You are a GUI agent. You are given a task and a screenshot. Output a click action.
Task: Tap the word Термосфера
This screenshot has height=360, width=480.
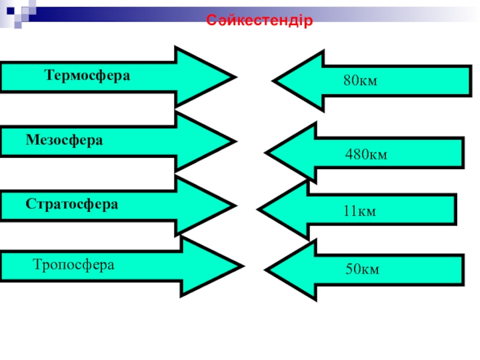(x=88, y=76)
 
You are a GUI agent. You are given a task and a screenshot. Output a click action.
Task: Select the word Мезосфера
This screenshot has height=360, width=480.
(x=64, y=140)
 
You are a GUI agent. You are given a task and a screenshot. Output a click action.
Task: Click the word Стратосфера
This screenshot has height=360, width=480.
(x=72, y=203)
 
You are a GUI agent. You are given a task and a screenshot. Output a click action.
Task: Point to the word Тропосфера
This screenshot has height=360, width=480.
(x=74, y=265)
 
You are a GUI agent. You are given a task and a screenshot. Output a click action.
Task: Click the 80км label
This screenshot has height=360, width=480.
(x=360, y=80)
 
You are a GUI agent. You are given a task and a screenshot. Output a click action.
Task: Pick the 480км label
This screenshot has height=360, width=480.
(x=366, y=155)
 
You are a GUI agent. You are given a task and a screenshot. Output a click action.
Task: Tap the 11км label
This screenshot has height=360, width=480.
(x=359, y=211)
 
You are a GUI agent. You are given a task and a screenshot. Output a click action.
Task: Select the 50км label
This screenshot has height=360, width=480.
(x=362, y=269)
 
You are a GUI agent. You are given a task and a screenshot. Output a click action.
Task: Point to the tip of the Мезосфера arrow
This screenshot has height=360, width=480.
(x=233, y=142)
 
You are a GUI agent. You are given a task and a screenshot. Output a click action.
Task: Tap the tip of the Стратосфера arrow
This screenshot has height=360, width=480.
(x=233, y=206)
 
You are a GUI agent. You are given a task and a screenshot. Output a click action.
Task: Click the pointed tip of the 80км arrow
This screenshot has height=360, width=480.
(x=274, y=81)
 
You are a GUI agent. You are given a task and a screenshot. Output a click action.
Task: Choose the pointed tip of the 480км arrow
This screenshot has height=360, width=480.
(x=266, y=154)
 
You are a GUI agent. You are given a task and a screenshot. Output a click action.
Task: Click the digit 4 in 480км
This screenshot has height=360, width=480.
(x=349, y=155)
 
